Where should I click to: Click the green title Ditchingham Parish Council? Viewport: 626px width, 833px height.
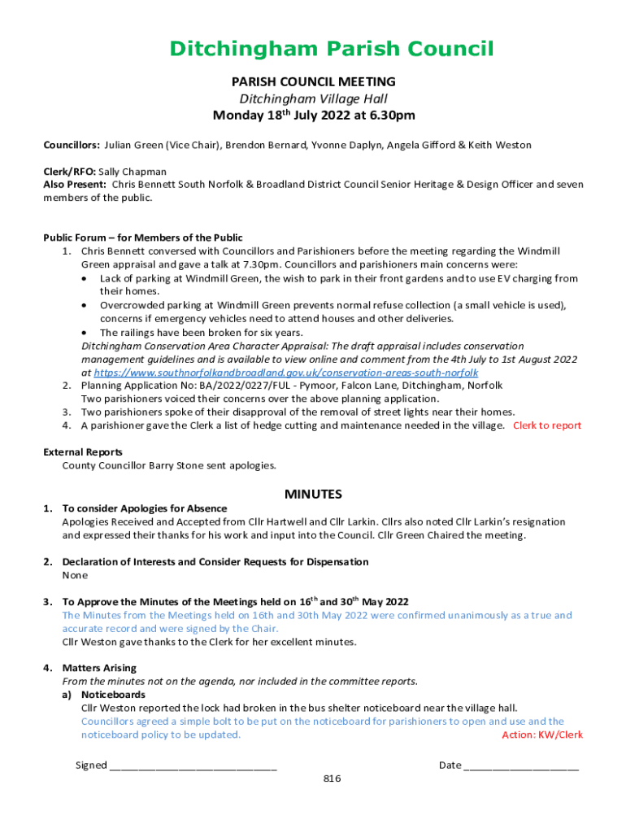tap(331, 50)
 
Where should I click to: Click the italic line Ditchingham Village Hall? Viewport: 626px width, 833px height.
tap(313, 98)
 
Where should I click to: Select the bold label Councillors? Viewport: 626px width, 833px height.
tap(72, 145)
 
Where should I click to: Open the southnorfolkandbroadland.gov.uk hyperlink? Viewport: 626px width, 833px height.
tap(280, 373)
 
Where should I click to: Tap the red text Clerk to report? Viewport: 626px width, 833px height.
tap(547, 425)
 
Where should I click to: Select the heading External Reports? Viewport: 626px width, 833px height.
tap(83, 452)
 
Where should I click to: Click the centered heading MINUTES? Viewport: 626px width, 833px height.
tap(313, 494)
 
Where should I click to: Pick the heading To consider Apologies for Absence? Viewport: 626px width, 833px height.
tap(145, 508)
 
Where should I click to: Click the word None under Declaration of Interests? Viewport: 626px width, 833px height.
tap(76, 575)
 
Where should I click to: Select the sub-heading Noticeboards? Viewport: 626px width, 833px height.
tap(113, 695)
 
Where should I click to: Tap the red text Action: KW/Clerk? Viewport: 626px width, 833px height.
tap(542, 735)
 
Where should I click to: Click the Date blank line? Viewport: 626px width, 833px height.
tap(521, 765)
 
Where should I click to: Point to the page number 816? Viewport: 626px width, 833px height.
tap(332, 778)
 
